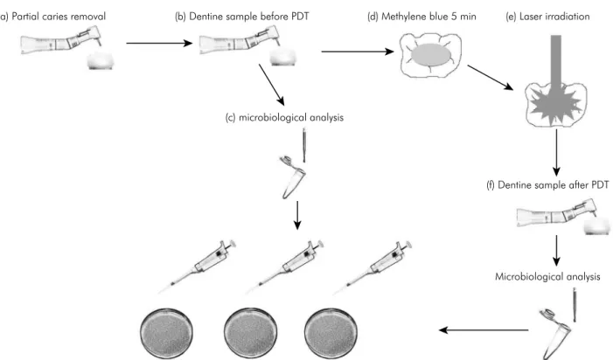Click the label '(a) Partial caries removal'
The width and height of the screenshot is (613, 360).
pos(52,17)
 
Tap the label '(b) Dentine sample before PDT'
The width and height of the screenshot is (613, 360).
pos(241,17)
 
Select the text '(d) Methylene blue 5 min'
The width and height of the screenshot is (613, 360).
pos(421,17)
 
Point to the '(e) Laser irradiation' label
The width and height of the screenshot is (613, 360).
pos(547,17)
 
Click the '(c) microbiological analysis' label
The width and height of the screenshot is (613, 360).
pos(284,118)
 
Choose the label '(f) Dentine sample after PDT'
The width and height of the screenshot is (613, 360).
pos(547,184)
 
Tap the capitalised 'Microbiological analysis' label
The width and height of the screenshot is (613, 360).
pos(547,276)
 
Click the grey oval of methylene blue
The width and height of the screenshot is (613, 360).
pos(432,54)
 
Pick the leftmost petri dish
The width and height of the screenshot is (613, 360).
pos(166,335)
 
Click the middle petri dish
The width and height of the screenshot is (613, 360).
pos(251,335)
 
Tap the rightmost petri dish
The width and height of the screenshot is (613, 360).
pos(331,335)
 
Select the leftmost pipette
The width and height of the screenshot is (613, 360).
pos(198,267)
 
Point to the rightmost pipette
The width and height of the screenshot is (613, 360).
pos(373,267)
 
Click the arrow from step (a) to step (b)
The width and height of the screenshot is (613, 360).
pos(159,43)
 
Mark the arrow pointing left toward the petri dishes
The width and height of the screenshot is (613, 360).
pos(484,330)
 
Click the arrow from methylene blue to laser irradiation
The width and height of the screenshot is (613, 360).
pos(491,77)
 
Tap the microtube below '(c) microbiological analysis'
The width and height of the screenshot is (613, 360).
pos(293,177)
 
